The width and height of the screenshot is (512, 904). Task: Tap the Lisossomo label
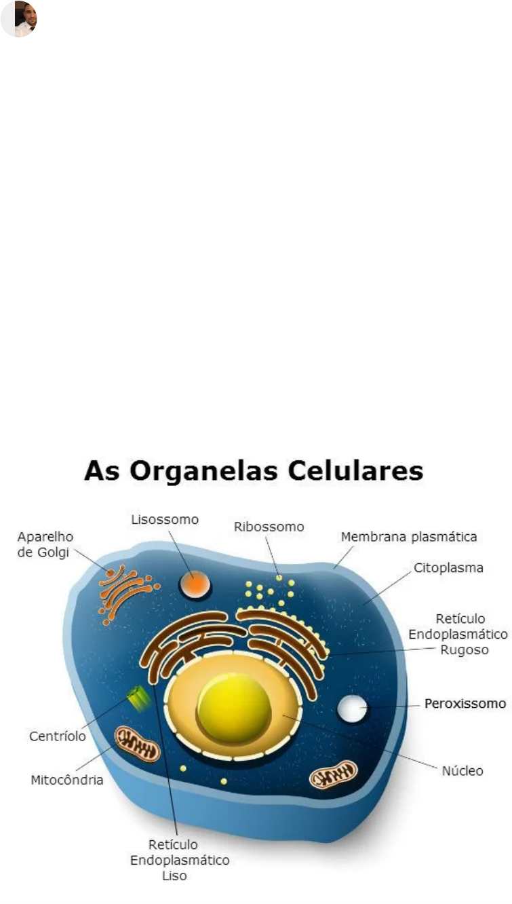point(165,520)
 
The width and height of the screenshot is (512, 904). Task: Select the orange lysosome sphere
point(195,584)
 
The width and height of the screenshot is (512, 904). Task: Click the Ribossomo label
point(269,527)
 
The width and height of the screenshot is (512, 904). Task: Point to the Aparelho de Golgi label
point(45,544)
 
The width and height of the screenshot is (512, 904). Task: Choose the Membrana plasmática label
point(409,537)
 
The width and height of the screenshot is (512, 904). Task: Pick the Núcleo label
point(462,771)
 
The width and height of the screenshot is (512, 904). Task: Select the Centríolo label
point(58,736)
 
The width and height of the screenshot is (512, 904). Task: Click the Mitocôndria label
point(67,780)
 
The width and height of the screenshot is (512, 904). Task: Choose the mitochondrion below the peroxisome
point(333,774)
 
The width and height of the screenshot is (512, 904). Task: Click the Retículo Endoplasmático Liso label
point(179,860)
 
